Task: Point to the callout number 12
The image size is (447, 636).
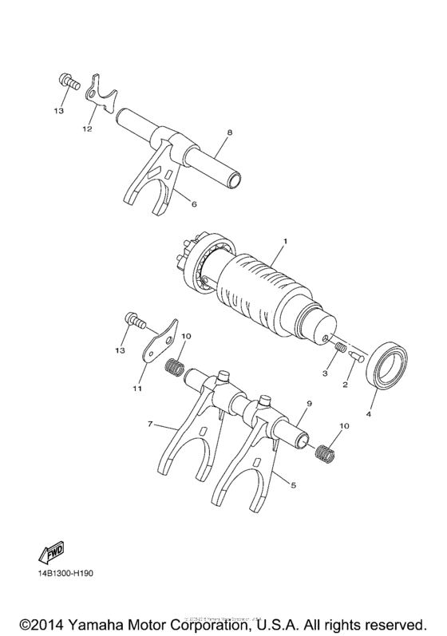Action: (85, 128)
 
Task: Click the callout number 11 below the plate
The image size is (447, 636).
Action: (136, 389)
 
